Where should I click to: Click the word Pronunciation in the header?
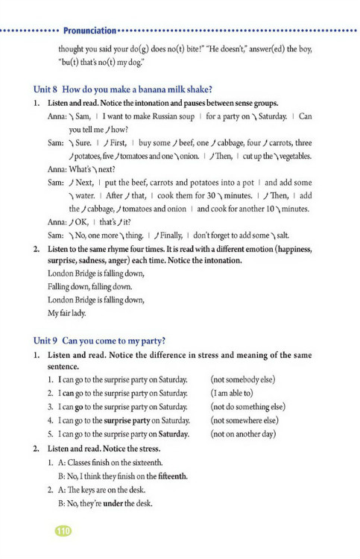tap(89, 31)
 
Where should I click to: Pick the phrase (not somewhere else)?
tap(246, 420)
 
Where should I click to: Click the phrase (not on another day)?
tap(244, 433)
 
